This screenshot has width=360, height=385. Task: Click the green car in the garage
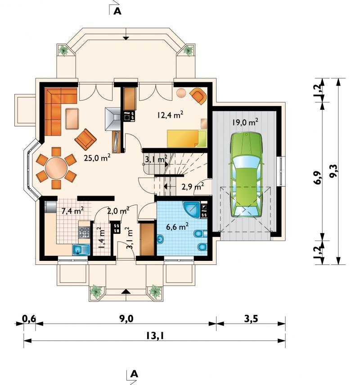point(246,175)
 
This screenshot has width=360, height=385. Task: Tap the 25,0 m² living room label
point(97,157)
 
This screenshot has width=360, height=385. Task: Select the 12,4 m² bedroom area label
point(170,114)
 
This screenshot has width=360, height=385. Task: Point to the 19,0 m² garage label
point(245,122)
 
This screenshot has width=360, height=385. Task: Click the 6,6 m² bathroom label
point(177,227)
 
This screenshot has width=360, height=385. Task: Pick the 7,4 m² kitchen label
point(72,210)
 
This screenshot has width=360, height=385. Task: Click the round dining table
point(56,168)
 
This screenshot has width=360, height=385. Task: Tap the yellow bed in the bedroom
point(187,139)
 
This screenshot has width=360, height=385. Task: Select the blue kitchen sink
point(81,250)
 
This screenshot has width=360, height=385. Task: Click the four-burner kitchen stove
point(84,232)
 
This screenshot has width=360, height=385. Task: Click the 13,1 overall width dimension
point(154,336)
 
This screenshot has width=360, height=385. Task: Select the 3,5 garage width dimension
point(251,319)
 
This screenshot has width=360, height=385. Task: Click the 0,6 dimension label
point(29,318)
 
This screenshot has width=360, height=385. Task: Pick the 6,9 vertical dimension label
point(318,178)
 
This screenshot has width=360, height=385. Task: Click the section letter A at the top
point(117,11)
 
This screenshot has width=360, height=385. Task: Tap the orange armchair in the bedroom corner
point(198,96)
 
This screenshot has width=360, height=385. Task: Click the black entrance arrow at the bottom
point(126,291)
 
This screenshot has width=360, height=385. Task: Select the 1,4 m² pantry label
point(100,238)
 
